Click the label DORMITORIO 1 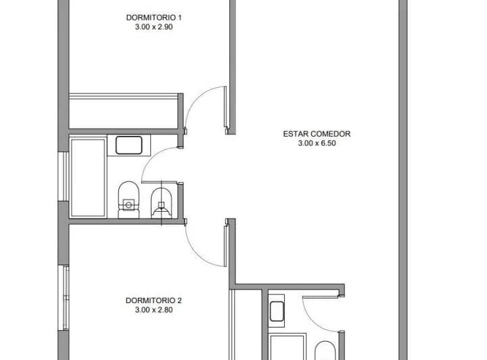click(154, 18)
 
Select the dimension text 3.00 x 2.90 click(154, 27)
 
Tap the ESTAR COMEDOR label click(317, 134)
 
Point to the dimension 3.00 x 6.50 click(317, 143)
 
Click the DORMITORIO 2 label click(154, 300)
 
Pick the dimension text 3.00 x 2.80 click(154, 310)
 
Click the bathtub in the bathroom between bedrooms click(88, 177)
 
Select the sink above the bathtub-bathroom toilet click(129, 145)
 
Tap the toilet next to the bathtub click(129, 200)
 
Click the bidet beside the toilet click(161, 203)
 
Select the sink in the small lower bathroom click(277, 311)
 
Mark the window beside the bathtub click(64, 176)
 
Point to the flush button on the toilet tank click(129, 204)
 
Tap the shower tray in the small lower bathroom click(287, 346)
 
